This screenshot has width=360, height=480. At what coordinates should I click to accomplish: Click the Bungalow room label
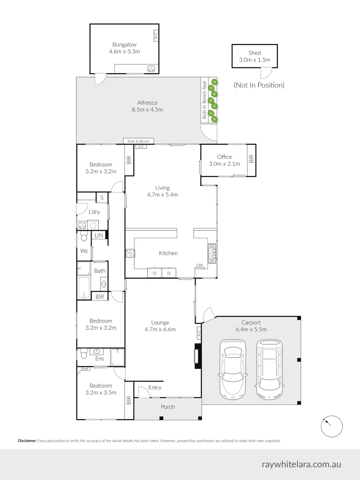click(124, 44)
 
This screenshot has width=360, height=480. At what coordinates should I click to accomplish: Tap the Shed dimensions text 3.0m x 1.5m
click(255, 60)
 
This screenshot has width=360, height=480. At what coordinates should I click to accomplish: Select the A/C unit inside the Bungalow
click(156, 35)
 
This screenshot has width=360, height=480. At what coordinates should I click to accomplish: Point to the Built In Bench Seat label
click(204, 100)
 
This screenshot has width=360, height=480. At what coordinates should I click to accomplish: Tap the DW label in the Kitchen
click(200, 265)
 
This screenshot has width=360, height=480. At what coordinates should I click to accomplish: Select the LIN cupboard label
click(99, 235)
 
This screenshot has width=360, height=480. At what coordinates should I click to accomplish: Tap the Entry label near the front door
click(155, 388)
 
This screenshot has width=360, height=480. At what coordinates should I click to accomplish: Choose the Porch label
click(168, 407)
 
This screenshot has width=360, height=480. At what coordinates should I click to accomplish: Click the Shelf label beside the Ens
click(84, 368)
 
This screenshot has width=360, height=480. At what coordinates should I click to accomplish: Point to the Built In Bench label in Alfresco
click(139, 141)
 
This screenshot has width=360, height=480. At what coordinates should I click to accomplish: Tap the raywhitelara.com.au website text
click(302, 464)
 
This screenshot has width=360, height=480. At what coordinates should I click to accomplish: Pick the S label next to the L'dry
click(102, 197)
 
